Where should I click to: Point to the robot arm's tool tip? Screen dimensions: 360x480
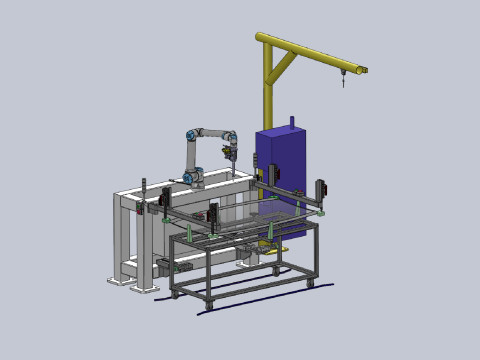[230, 160]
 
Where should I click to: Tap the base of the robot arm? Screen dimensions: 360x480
[193, 180]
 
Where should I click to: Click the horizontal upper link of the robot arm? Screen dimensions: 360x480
[213, 132]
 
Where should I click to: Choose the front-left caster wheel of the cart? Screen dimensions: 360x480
[175, 294]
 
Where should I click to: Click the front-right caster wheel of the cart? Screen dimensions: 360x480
[310, 284]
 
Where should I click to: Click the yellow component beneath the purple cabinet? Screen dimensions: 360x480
[281, 240]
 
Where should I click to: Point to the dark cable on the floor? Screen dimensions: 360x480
[250, 293]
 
